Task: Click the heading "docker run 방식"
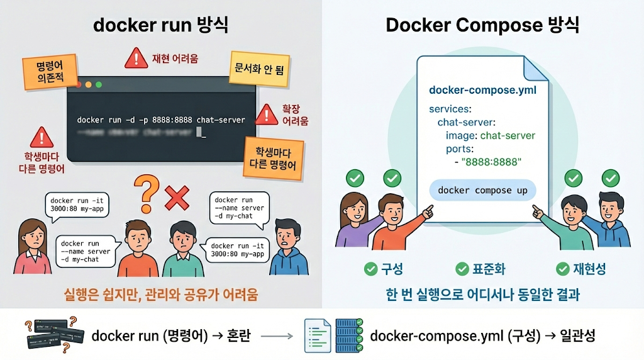click(160, 25)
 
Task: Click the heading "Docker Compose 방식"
click(482, 25)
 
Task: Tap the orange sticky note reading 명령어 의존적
click(49, 72)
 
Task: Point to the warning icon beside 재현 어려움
click(136, 59)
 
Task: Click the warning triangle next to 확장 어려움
click(268, 114)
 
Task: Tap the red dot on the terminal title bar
click(78, 84)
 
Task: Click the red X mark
click(177, 198)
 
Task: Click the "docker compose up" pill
click(482, 190)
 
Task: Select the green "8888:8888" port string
click(491, 162)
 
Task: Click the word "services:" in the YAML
click(450, 109)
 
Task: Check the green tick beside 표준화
click(462, 269)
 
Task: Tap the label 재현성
click(589, 269)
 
